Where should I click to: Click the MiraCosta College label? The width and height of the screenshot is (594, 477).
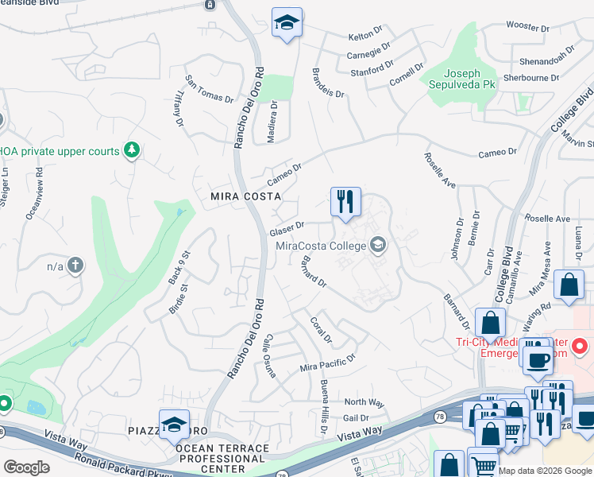click(321, 246)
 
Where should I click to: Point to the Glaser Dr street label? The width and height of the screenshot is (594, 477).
click(287, 229)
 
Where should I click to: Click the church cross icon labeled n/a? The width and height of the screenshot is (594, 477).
click(75, 266)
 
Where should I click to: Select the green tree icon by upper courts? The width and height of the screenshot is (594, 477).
click(132, 150)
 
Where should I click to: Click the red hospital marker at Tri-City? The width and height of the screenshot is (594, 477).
click(580, 347)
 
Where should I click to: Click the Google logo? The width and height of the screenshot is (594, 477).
click(26, 467)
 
